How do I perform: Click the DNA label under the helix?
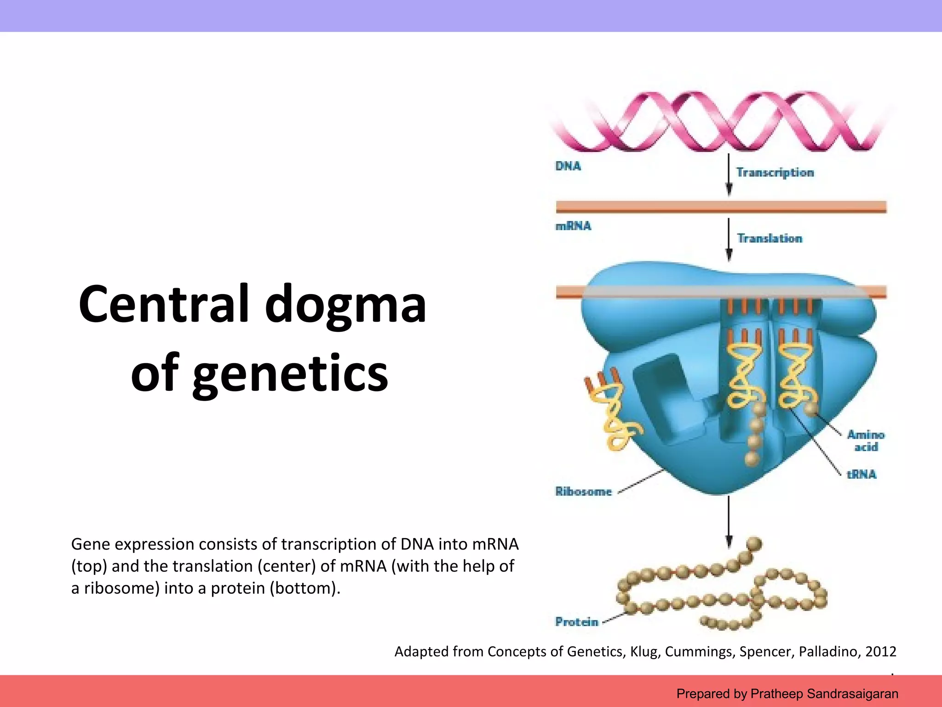[568, 166]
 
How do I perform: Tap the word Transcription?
[775, 173]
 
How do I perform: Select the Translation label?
[770, 238]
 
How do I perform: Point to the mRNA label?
[573, 226]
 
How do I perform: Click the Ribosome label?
[583, 492]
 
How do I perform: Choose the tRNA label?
[862, 474]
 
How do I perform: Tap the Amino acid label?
[866, 440]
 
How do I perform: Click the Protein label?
[577, 622]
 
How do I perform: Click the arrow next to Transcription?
[729, 175]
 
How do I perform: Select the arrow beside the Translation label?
[729, 239]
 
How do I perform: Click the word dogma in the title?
[345, 304]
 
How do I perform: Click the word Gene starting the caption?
[91, 544]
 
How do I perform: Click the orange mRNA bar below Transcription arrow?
[721, 207]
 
